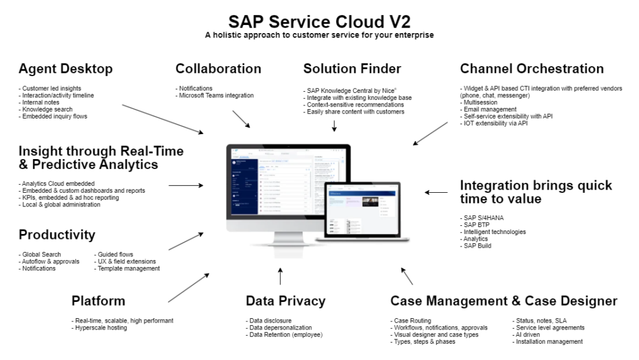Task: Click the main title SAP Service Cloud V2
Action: [319, 21]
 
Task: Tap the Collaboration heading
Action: [218, 69]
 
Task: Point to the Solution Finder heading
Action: [352, 69]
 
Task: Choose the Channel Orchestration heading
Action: [532, 69]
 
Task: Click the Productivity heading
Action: [57, 235]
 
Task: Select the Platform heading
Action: [98, 301]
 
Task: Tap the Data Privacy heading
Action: [285, 301]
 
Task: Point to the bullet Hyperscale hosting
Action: [100, 328]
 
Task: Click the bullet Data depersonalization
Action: [280, 328]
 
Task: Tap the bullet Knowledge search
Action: [46, 109]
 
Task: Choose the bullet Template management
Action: [129, 268]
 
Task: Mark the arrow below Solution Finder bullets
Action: [334, 125]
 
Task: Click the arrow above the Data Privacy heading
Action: [280, 276]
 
